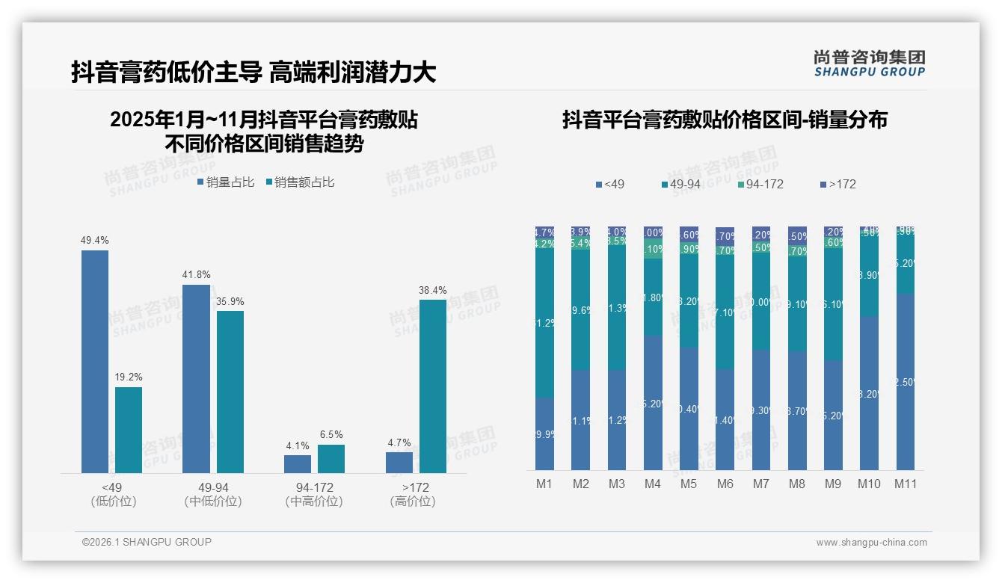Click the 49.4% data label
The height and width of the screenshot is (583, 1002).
click(x=95, y=240)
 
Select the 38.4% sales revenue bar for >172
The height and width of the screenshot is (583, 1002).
click(x=432, y=386)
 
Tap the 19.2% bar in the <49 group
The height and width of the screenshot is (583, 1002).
click(x=129, y=430)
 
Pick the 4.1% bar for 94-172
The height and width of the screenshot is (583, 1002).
click(x=298, y=463)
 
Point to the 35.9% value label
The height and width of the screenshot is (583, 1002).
click(x=230, y=301)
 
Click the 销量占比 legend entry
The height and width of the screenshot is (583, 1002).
click(x=227, y=182)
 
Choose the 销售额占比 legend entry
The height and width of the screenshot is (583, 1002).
click(x=301, y=182)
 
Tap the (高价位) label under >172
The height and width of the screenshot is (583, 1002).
click(x=412, y=502)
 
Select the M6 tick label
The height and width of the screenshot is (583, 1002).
click(x=725, y=484)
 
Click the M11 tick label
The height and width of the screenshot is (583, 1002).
click(x=906, y=484)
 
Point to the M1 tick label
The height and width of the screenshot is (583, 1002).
click(x=544, y=484)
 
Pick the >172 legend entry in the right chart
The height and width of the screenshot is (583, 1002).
click(x=838, y=184)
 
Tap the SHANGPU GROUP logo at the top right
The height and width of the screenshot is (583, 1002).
click(x=869, y=64)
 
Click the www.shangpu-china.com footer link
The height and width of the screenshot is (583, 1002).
click(x=871, y=543)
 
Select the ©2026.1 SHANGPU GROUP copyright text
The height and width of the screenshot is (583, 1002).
click(x=147, y=542)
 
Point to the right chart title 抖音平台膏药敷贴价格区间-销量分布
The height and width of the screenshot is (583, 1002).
click(x=724, y=120)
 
